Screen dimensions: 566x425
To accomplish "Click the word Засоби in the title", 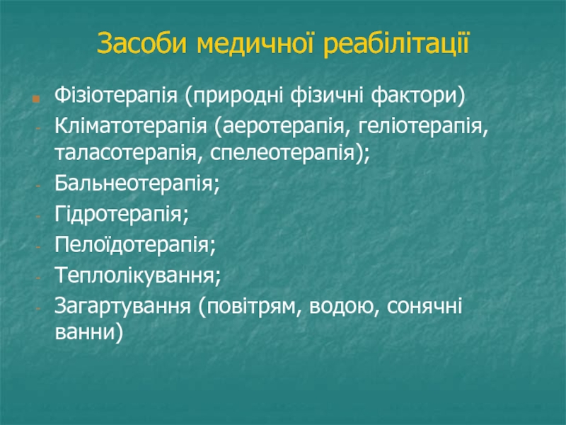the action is pos(142,43).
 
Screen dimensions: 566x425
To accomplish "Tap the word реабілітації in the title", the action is pos(396,44).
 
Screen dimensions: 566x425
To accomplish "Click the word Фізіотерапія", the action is pos(116,96).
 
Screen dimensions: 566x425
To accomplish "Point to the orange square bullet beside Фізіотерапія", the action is pos(36,98).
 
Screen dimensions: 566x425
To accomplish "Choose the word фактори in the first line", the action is pos(414,96).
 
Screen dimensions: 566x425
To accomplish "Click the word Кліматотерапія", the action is pos(131,126).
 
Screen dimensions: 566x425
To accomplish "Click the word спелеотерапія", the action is pos(282,153).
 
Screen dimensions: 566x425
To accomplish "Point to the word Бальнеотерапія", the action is pos(134,183).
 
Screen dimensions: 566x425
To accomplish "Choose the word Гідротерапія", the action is pos(119,214).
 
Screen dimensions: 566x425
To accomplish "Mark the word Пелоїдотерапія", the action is pos(132,244).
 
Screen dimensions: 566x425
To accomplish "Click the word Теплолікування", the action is pos(134,275).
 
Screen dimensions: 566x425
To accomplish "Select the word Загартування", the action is pos(122,306).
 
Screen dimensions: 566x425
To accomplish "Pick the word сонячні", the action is pos(424,306).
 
